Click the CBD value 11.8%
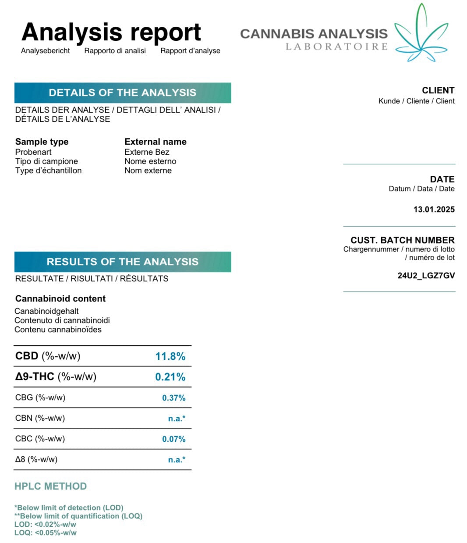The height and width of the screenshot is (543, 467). (170, 356)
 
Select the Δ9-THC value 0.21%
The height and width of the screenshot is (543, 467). (170, 377)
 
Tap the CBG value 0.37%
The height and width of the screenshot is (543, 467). (173, 398)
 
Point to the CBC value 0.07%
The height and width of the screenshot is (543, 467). (173, 439)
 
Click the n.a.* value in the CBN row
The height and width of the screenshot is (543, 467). (177, 419)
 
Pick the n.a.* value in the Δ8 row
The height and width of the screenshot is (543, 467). (177, 460)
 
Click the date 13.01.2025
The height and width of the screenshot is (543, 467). (434, 209)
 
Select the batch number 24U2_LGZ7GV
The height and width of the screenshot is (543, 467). (426, 276)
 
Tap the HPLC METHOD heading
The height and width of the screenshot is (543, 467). (50, 486)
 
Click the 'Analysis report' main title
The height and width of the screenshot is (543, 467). (111, 32)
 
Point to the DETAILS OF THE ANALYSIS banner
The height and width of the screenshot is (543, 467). (123, 93)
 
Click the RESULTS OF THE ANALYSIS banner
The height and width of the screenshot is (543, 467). (123, 262)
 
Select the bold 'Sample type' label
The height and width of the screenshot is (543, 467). (42, 142)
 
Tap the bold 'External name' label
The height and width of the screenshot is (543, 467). (156, 142)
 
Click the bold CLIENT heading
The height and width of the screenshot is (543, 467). (438, 90)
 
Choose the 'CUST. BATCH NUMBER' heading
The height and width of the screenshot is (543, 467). (402, 240)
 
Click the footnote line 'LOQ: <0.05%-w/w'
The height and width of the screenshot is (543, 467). (46, 533)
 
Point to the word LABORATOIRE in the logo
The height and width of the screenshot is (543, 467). (337, 47)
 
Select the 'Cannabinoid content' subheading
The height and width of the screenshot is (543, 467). (60, 299)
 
